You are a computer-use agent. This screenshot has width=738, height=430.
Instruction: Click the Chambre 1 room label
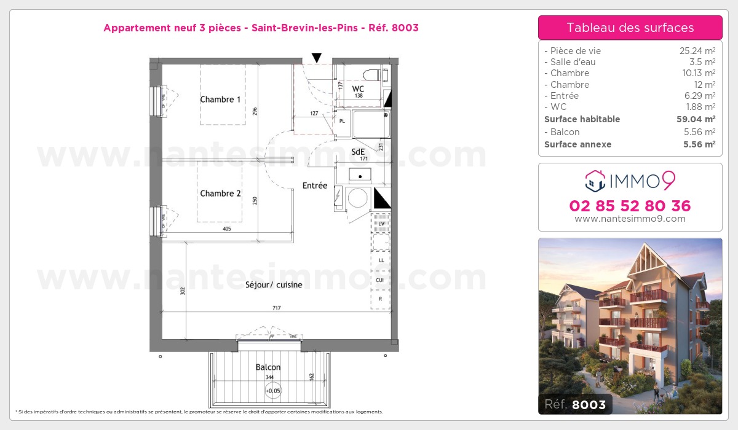click(x=220, y=100)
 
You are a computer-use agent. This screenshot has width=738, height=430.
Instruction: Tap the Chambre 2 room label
click(x=220, y=193)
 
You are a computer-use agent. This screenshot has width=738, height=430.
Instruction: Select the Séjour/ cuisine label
click(x=274, y=284)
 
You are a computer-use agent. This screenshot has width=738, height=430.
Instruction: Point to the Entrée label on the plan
click(x=314, y=186)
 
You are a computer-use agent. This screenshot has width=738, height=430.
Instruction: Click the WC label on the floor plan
click(x=358, y=88)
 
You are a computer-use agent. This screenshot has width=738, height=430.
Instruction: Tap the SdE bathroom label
click(x=358, y=151)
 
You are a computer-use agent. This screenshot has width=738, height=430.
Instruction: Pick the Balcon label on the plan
click(x=268, y=367)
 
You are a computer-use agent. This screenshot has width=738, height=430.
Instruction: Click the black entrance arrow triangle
click(x=317, y=58)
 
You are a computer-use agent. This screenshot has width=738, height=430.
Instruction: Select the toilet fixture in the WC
click(x=373, y=76)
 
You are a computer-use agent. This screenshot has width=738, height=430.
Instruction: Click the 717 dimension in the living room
click(x=276, y=308)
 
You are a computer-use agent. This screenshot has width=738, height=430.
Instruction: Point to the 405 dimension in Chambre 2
click(x=227, y=229)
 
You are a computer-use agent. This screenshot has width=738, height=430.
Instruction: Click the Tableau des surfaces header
click(x=630, y=28)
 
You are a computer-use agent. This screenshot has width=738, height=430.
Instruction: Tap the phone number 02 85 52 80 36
click(x=630, y=206)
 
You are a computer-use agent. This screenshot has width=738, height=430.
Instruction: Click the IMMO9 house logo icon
click(x=594, y=181)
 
